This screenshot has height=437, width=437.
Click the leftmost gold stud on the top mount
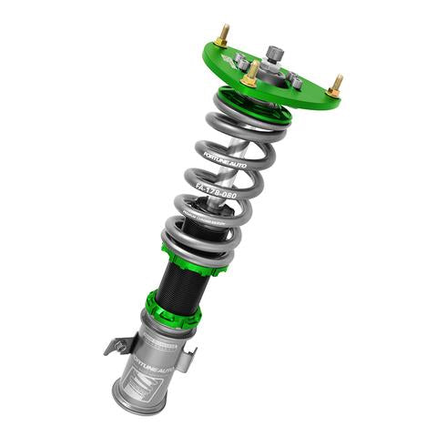point(223,36)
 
